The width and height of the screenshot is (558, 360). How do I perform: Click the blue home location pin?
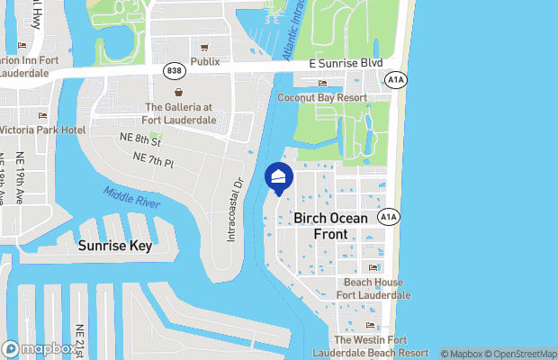[279, 177]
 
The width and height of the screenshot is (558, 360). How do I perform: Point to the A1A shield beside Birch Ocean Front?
[388, 217]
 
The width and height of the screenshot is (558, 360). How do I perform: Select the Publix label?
[205, 62]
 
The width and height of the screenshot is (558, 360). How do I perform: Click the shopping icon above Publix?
[205, 48]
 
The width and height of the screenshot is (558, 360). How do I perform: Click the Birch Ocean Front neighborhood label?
[332, 226]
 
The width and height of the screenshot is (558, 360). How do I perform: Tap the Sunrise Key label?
[114, 245]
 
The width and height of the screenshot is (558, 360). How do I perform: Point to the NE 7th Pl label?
[152, 157]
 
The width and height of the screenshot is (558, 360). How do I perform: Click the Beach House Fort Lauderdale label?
[373, 289]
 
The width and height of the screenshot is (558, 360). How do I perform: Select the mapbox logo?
[40, 348]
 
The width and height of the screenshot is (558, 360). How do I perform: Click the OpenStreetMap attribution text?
[523, 354]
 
